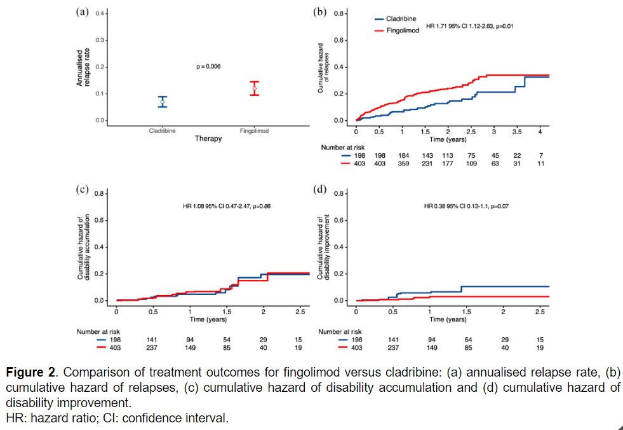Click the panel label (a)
click(x=82, y=12)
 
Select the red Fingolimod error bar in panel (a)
click(x=255, y=88)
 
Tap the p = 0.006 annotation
click(x=208, y=66)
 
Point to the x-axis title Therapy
click(x=208, y=139)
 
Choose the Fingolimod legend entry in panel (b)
click(x=401, y=31)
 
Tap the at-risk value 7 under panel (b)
click(x=540, y=154)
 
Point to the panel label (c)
click(x=82, y=190)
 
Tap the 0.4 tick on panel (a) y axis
click(x=100, y=13)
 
